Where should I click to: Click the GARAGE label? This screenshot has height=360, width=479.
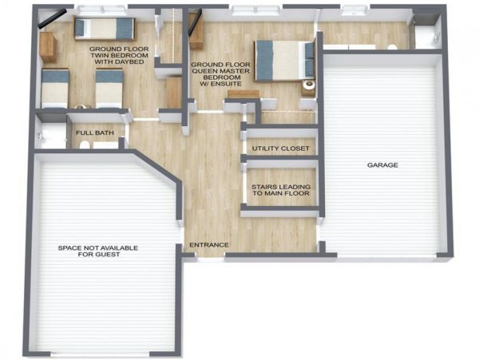pyautogui.click(x=382, y=165)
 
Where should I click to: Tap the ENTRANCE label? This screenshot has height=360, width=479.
pyautogui.click(x=209, y=245)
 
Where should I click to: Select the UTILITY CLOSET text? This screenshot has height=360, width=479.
pyautogui.click(x=281, y=148)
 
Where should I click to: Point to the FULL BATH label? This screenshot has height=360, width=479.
pyautogui.click(x=95, y=133)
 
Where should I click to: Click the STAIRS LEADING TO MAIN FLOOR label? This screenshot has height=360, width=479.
pyautogui.click(x=281, y=190)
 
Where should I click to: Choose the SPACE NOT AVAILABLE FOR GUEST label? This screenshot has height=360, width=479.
pyautogui.click(x=98, y=251)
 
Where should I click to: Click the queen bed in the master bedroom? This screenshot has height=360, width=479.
pyautogui.click(x=285, y=61)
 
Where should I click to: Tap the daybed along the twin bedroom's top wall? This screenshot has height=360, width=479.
pyautogui.click(x=105, y=29)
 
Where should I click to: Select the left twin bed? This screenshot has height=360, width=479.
pyautogui.click(x=55, y=89)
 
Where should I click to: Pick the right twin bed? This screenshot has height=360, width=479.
pyautogui.click(x=109, y=89)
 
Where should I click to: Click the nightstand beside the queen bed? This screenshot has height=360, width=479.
pyautogui.click(x=308, y=88)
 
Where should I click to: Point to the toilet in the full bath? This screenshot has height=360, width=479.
pyautogui.click(x=85, y=144)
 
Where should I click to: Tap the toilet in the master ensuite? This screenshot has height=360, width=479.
pyautogui.click(x=392, y=47)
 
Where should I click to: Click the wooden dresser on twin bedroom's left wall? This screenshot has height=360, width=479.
pyautogui.click(x=48, y=47)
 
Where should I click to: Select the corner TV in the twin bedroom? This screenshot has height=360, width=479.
pyautogui.click(x=52, y=18)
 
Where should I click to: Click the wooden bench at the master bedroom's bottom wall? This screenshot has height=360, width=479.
pyautogui.click(x=243, y=94)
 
